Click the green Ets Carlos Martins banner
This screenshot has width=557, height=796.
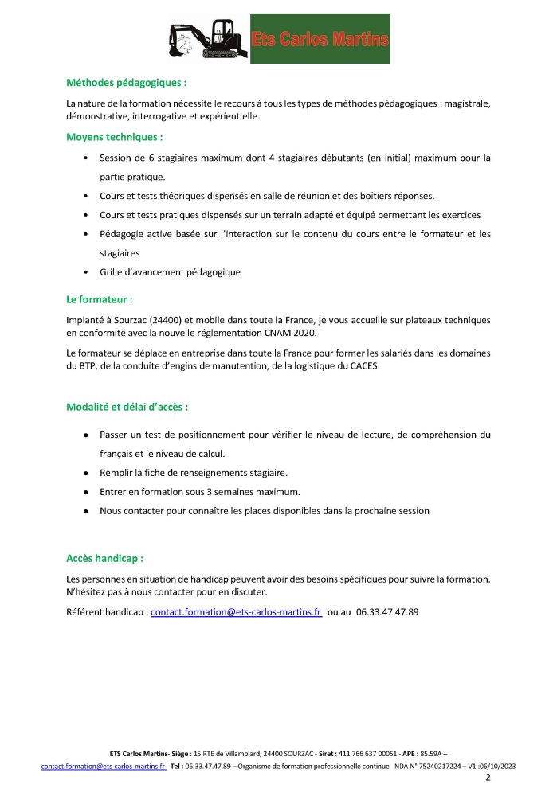click(320, 38)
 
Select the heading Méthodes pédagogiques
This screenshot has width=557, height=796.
click(127, 82)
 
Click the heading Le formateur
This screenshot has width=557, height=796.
click(99, 300)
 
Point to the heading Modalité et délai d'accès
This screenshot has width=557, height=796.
click(127, 407)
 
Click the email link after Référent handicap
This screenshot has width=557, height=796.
click(236, 612)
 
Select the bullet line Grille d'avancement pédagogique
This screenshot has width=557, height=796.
click(170, 272)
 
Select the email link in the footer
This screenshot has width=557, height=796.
click(103, 766)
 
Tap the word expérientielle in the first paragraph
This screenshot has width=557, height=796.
click(227, 116)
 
